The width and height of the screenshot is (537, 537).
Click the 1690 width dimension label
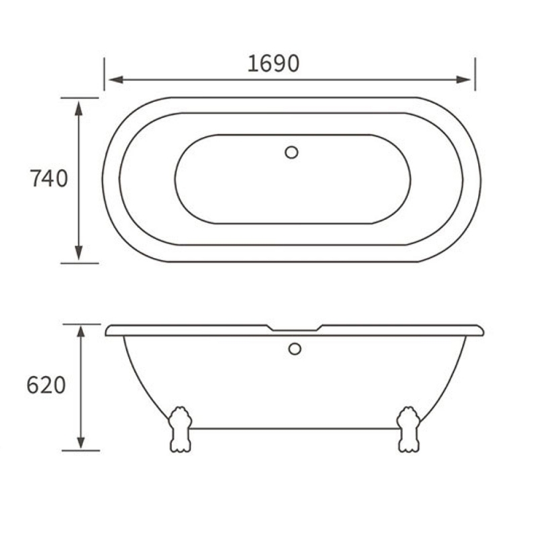273,63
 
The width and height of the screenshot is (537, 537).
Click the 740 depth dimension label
49,179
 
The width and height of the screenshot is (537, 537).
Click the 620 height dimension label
46,385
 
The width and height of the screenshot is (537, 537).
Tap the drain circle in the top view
291,152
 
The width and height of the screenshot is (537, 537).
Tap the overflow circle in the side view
294,349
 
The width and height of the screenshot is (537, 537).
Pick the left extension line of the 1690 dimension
105,74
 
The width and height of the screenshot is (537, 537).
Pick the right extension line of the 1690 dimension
475,74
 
